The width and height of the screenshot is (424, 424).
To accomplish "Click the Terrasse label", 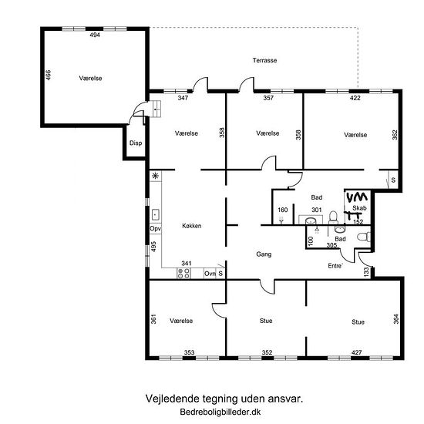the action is pyautogui.click(x=264, y=60).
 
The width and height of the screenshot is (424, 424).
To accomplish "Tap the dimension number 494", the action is pyautogui.click(x=95, y=35).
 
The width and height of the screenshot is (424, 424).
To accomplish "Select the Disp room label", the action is pyautogui.click(x=136, y=143).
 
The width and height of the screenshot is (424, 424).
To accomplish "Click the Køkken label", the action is pyautogui.click(x=192, y=226).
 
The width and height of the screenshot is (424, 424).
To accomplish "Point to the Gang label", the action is pyautogui.click(x=264, y=254).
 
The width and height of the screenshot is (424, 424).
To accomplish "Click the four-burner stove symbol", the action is pyautogui.click(x=183, y=274).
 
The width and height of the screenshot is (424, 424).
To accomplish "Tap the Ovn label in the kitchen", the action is pyautogui.click(x=210, y=274).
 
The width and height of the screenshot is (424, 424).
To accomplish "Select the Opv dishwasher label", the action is pyautogui.click(x=156, y=229).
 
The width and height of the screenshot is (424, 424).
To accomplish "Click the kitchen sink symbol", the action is pyautogui.click(x=155, y=215).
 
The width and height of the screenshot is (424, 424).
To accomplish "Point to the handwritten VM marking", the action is pyautogui.click(x=357, y=197).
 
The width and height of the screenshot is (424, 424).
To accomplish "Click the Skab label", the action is pyautogui.click(x=359, y=208).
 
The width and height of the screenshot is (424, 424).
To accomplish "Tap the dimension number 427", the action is pyautogui.click(x=356, y=352).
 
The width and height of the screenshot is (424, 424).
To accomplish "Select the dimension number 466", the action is pyautogui.click(x=48, y=75).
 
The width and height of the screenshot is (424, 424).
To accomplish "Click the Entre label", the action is pyautogui.click(x=335, y=266).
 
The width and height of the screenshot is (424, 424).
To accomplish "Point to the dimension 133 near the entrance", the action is pyautogui.click(x=366, y=271).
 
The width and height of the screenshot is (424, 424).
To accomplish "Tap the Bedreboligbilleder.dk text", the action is pyautogui.click(x=220, y=412).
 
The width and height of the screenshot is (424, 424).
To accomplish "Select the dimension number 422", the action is pyautogui.click(x=355, y=98).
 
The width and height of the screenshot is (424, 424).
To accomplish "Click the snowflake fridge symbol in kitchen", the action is pyautogui.click(x=155, y=176).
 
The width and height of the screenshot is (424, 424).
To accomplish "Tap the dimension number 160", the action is pyautogui.click(x=283, y=210).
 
